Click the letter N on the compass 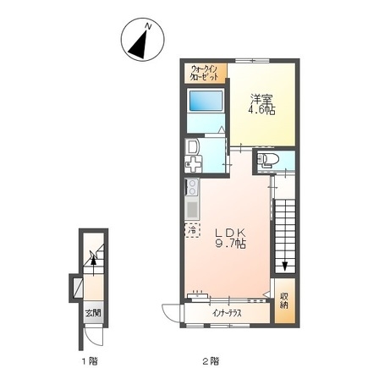[148, 26]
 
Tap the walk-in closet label [205, 74]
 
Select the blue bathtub [206, 101]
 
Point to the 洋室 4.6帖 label [261, 105]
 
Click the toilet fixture [268, 161]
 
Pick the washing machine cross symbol [193, 164]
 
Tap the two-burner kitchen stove [192, 188]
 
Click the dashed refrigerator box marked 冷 [192, 230]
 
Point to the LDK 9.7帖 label [231, 239]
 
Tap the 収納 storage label [284, 300]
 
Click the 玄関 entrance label [93, 313]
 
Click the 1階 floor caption [90, 360]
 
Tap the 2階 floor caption [211, 360]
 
